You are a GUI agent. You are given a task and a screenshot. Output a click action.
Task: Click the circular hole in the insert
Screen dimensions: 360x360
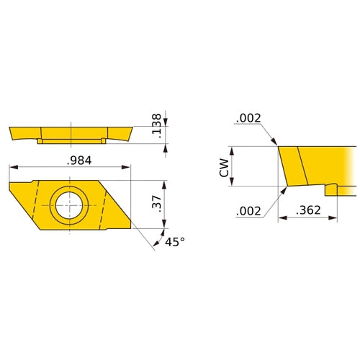(x=69, y=202)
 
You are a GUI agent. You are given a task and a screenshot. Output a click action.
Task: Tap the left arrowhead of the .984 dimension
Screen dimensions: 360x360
(x=12, y=168)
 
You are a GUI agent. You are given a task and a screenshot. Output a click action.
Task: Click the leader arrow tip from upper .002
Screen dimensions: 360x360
(x=277, y=145)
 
